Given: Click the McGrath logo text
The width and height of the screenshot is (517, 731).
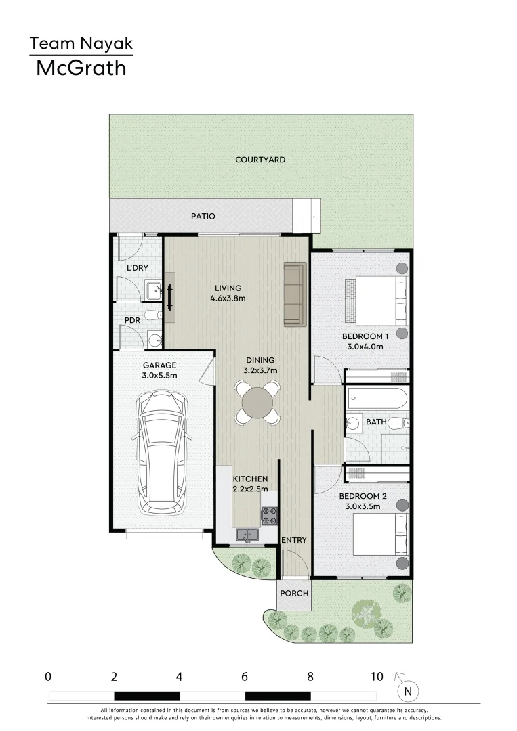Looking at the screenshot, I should (x=81, y=68).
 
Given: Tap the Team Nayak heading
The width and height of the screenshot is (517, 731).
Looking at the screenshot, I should (x=81, y=45).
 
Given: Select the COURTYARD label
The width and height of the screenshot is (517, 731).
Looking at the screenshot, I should (x=260, y=160).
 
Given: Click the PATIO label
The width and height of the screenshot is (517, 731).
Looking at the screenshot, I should (x=203, y=217).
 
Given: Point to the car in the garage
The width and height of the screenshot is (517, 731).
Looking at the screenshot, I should (x=162, y=452).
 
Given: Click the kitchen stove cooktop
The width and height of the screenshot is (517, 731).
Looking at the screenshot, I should (x=269, y=516).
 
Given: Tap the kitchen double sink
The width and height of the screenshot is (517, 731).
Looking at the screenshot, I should (x=247, y=535).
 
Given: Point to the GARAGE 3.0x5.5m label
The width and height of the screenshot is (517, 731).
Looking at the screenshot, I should (x=159, y=370).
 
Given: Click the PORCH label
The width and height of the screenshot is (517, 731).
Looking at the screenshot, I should (x=295, y=593).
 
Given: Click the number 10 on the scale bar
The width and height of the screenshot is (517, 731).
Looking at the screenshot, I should (x=377, y=676).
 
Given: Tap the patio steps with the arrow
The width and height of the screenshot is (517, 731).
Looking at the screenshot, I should (x=306, y=217).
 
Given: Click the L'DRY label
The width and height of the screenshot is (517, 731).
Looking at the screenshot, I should (x=138, y=268).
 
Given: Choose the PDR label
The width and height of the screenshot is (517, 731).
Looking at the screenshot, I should (x=131, y=321).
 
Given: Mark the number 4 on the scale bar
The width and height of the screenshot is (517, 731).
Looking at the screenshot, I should (x=179, y=676).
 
